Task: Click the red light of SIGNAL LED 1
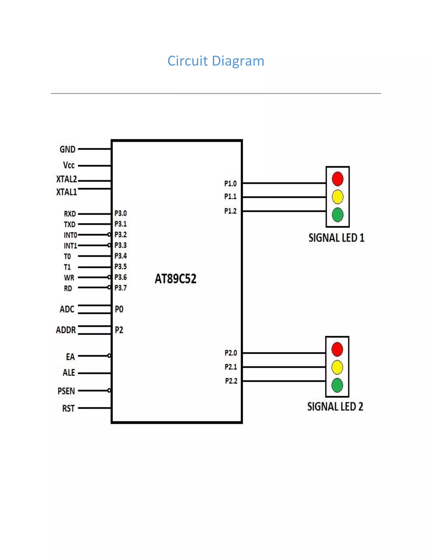click(x=337, y=179)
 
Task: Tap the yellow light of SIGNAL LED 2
click(x=337, y=367)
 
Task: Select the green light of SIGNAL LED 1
click(x=337, y=215)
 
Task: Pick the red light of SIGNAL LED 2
click(x=337, y=349)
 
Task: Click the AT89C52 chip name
click(x=175, y=279)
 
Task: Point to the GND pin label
click(x=67, y=149)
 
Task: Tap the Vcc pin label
click(x=69, y=165)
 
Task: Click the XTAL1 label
click(x=66, y=192)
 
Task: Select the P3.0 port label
click(x=120, y=213)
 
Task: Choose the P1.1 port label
click(x=230, y=197)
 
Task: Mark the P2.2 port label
click(x=231, y=381)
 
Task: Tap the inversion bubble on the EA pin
click(x=109, y=356)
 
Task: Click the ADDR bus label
click(x=66, y=330)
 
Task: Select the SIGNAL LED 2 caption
click(x=335, y=407)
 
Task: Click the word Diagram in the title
click(x=238, y=61)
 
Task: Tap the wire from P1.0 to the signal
click(x=284, y=183)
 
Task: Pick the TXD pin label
click(x=70, y=224)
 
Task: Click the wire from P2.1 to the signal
click(x=284, y=367)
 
